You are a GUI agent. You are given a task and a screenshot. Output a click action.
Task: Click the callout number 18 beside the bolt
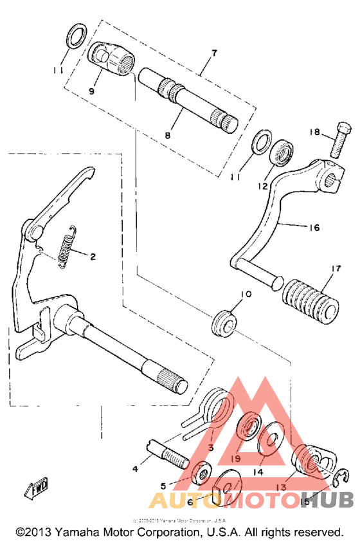pyautogui.click(x=314, y=132)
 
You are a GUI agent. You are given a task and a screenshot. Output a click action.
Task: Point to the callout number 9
pyautogui.click(x=91, y=91)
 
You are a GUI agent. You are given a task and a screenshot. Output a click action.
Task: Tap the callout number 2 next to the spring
pyautogui.click(x=93, y=257)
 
